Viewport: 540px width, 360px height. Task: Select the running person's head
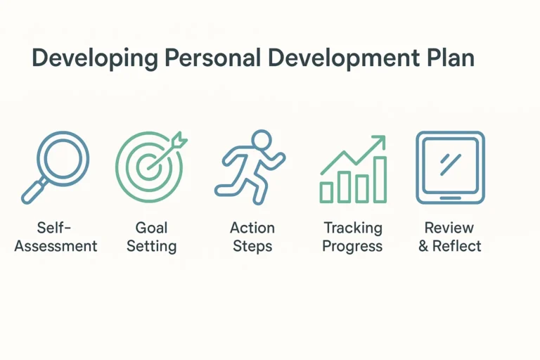pos(261,139)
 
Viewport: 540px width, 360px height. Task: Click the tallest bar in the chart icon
pos(379,179)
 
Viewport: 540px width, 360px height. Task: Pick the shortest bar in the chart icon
pos(326,192)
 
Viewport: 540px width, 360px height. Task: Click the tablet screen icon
pos(450,167)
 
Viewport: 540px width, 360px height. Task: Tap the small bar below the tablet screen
pos(450,198)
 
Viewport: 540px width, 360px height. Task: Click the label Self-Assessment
pos(56,237)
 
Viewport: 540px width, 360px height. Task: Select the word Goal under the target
pos(152,228)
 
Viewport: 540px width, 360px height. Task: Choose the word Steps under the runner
pos(252,246)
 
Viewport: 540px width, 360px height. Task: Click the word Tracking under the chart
pos(353,228)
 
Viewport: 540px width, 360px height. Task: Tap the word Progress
pos(353,246)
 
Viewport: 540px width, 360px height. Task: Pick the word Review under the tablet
pos(450,228)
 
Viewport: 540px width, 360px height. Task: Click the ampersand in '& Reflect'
pos(424,246)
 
